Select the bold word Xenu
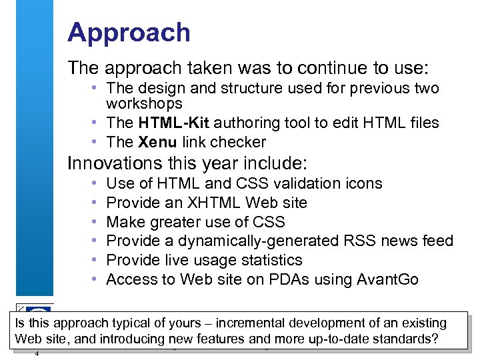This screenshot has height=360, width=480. pyautogui.click(x=157, y=142)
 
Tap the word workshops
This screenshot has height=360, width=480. pyautogui.click(x=144, y=104)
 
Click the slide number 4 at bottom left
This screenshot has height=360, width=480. pyautogui.click(x=37, y=353)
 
